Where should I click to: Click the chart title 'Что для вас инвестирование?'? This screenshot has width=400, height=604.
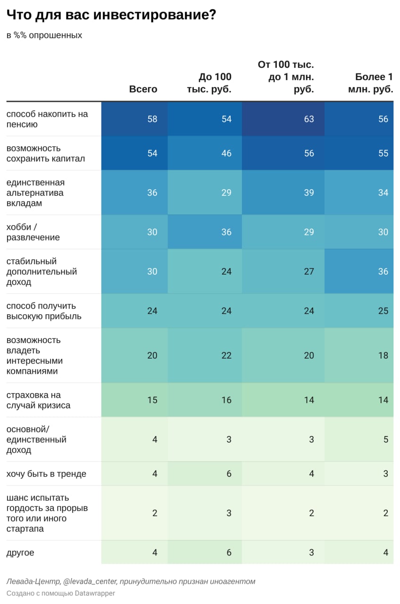[x=111, y=16]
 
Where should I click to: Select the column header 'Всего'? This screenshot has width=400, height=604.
[x=143, y=89]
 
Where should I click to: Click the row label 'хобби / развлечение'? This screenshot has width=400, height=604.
[x=33, y=232]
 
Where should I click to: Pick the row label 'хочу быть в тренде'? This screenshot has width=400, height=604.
[x=46, y=474]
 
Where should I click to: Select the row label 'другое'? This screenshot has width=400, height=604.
[x=20, y=553]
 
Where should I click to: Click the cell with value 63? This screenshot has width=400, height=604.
[x=308, y=119]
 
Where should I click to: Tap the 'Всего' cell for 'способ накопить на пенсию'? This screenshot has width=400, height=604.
[x=152, y=119]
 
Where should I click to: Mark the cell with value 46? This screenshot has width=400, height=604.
[x=226, y=153]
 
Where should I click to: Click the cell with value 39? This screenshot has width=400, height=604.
[x=308, y=193]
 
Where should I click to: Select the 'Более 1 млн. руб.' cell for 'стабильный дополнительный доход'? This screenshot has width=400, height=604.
[x=383, y=271]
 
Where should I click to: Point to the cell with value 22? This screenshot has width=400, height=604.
[x=226, y=355]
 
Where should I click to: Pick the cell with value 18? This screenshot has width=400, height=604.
[x=383, y=355]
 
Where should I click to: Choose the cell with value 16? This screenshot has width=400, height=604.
[x=226, y=400]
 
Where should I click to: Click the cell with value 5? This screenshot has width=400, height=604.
[x=385, y=439]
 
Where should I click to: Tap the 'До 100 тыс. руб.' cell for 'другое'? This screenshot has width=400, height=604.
[x=229, y=553]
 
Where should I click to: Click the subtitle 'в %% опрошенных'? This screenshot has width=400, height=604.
[x=44, y=35]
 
